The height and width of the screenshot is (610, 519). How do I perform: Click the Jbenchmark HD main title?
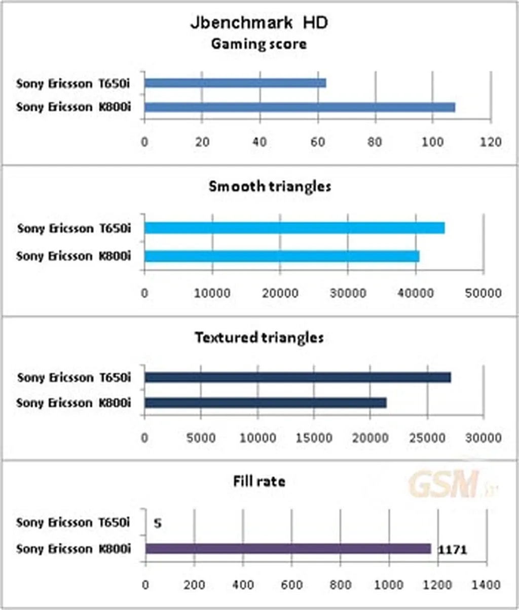pos(259,22)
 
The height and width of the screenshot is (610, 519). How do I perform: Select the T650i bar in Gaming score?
pos(235,83)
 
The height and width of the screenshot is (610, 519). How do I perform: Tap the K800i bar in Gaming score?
pos(300,107)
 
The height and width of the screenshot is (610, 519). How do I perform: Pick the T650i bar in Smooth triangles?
pos(294,228)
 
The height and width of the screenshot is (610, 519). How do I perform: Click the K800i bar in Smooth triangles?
pos(282,256)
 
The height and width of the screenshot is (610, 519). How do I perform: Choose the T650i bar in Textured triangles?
pos(298,377)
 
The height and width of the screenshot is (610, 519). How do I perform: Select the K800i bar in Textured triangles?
pos(266,403)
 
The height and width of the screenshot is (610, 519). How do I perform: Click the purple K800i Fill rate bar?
pos(288,549)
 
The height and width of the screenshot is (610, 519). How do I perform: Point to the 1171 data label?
pos(452,550)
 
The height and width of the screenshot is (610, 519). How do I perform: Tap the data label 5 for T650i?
pos(158,523)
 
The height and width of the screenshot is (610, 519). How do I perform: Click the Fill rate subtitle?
pos(259,481)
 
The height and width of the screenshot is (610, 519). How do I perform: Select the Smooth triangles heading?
pos(270,186)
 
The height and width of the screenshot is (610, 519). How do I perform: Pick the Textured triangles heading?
pos(259,337)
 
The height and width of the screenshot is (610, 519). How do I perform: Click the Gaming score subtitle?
pos(258,44)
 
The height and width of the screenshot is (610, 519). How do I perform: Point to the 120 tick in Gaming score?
pos(491,142)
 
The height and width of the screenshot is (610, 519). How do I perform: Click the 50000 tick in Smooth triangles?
pos(483,293)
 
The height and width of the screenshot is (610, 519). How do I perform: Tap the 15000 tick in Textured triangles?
pos(314,438)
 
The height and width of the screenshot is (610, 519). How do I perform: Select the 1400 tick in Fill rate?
pos(486,585)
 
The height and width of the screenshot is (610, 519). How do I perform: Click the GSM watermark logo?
pos(445,484)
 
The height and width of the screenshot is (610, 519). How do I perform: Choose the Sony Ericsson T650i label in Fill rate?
pos(73,522)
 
